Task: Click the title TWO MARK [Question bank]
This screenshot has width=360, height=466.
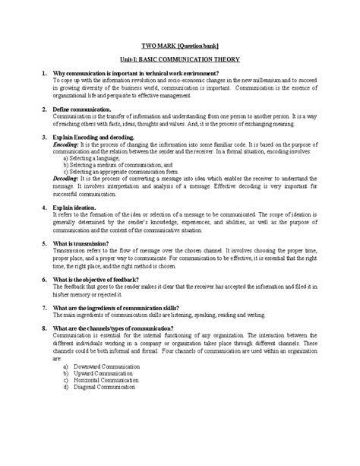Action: pyautogui.click(x=179, y=45)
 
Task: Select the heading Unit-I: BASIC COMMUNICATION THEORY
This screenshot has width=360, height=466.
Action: pyautogui.click(x=179, y=59)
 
